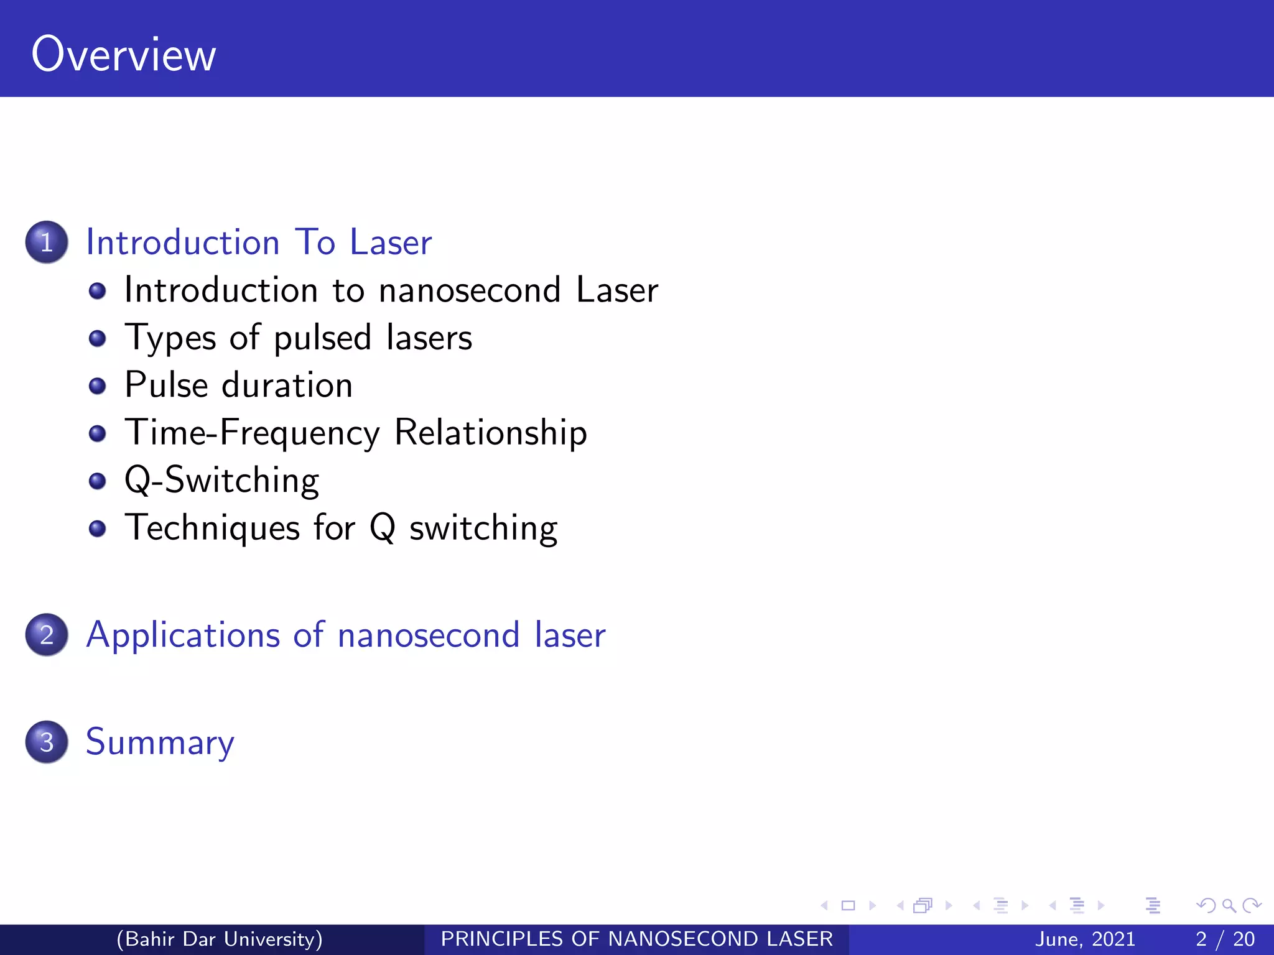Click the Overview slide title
(124, 55)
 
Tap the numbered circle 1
(47, 242)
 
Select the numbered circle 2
(47, 635)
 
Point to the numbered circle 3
(47, 742)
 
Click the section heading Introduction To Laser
(258, 242)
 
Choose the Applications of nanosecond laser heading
(345, 635)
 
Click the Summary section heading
(160, 742)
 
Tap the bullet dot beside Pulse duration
(97, 386)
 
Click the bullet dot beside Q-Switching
(97, 481)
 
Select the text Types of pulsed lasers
(298, 338)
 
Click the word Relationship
(490, 433)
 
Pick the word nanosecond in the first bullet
(470, 290)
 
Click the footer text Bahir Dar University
(220, 939)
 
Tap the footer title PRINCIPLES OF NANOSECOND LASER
(636, 939)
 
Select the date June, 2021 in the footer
(1085, 939)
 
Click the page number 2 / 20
(1225, 939)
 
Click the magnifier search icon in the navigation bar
(1229, 905)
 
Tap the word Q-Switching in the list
(221, 481)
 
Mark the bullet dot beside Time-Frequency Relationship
(97, 433)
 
